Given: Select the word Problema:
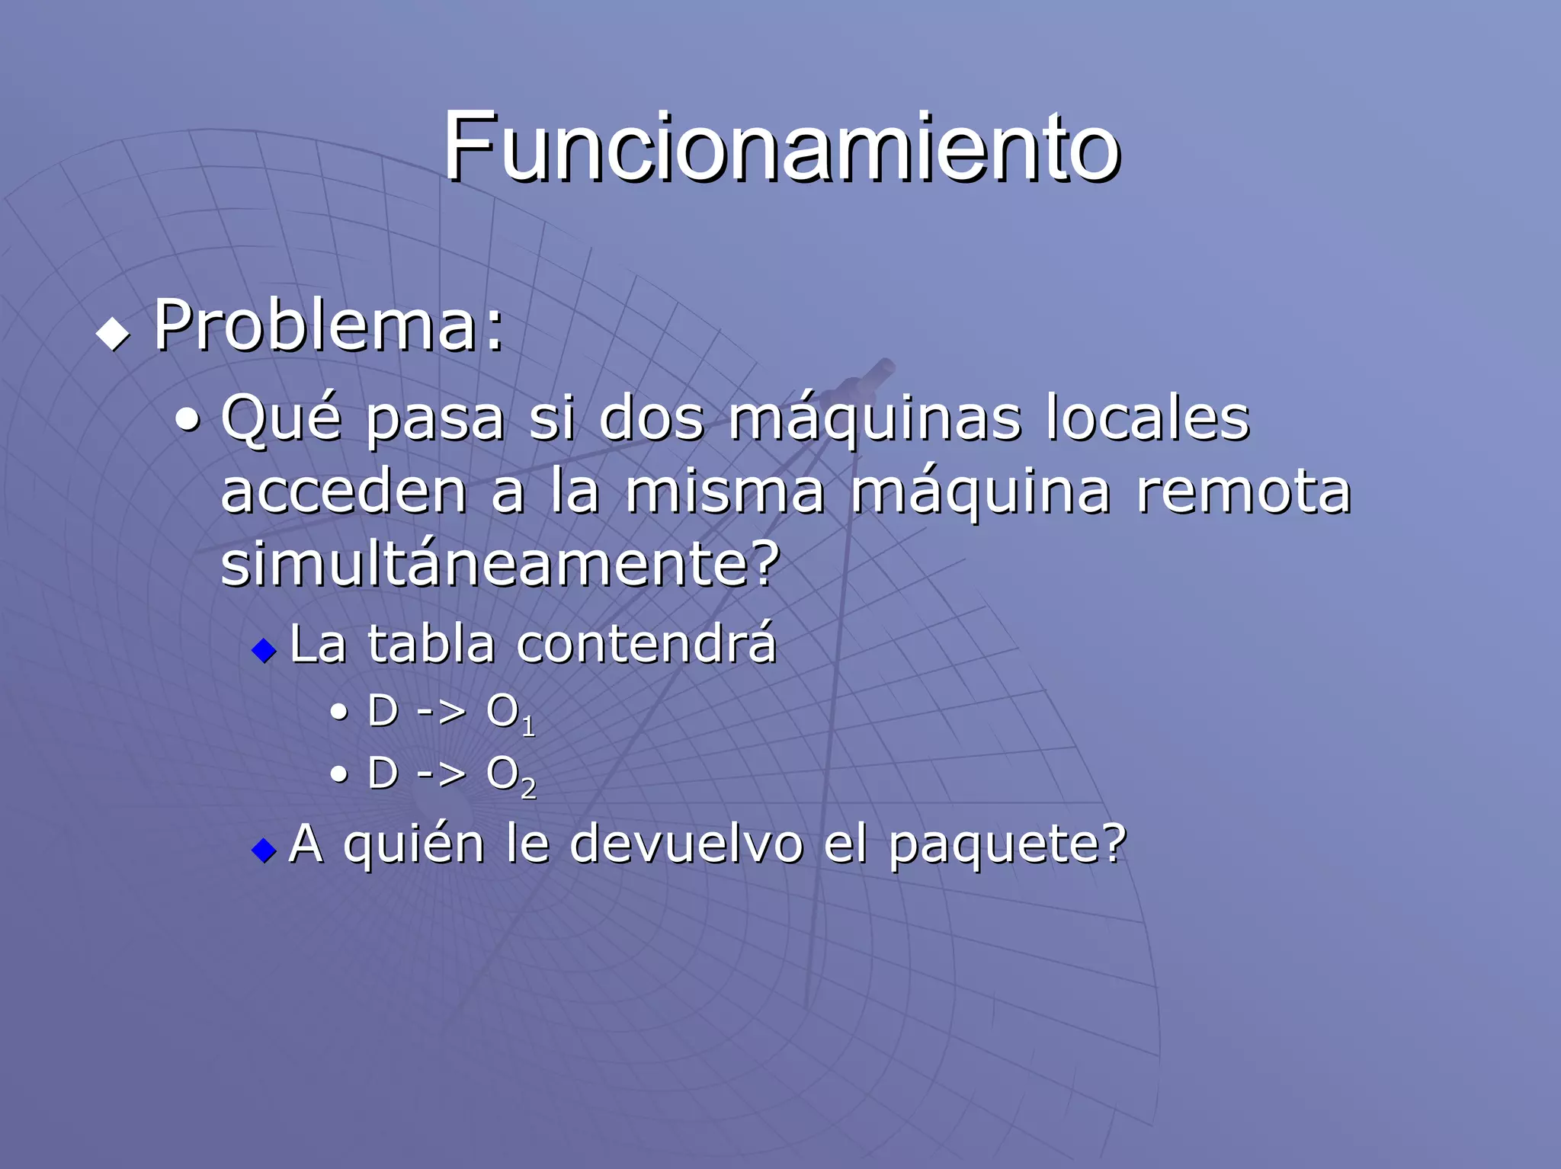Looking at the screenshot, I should click(329, 326).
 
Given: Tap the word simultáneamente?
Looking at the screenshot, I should click(500, 564).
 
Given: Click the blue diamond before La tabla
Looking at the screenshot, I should click(264, 650).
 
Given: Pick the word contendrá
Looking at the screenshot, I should click(646, 644).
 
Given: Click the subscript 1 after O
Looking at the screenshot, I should click(529, 727).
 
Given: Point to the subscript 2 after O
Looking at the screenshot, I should click(529, 789).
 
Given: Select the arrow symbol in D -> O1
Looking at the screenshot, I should click(441, 713).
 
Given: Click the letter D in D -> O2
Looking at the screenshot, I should click(383, 774).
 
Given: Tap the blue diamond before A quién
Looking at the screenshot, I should click(264, 850).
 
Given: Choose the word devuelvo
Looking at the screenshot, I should click(686, 844).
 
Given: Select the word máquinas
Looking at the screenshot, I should click(874, 419).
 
